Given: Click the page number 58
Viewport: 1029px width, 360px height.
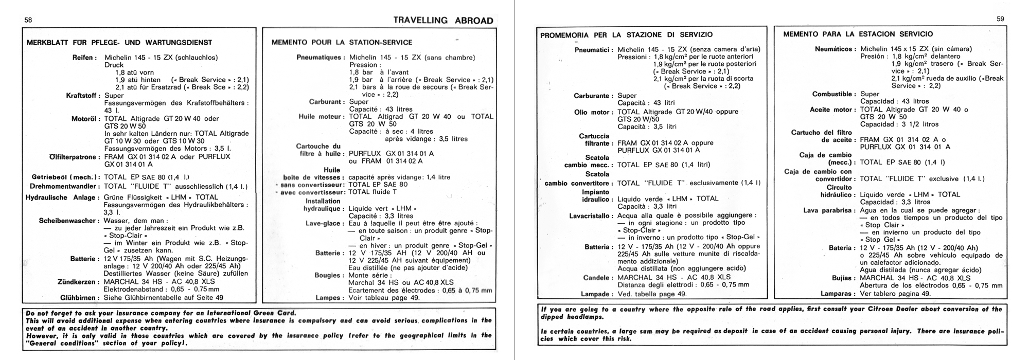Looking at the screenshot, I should (28, 20).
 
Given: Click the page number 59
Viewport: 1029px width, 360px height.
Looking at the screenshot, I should (1000, 19).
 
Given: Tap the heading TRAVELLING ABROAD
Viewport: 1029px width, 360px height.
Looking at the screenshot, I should (443, 21).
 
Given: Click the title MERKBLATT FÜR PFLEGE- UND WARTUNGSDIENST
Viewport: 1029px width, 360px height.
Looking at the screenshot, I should (119, 43).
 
